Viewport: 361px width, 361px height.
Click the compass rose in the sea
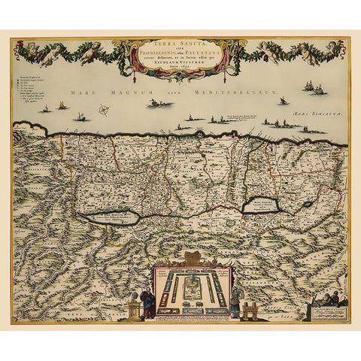click(x=104, y=111)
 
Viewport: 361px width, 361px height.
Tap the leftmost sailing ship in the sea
click(x=45, y=109)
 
